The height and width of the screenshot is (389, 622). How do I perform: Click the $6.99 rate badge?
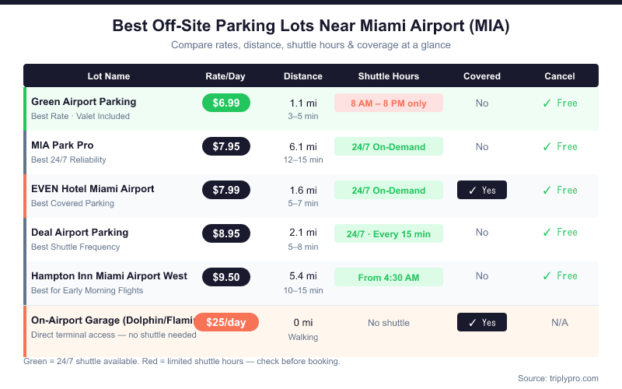(226, 103)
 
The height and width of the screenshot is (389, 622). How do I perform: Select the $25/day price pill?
(226, 322)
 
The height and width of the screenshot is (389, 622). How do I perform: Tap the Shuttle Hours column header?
(388, 76)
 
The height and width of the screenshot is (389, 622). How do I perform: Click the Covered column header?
(482, 76)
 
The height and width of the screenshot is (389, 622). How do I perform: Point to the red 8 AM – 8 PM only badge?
(388, 103)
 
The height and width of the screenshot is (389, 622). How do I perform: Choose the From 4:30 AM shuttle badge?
(388, 277)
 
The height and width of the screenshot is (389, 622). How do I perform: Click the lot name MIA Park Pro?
(62, 145)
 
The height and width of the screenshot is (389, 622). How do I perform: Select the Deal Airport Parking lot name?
(79, 232)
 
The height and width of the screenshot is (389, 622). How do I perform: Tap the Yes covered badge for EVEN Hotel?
(482, 190)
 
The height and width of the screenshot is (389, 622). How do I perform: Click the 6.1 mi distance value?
(303, 146)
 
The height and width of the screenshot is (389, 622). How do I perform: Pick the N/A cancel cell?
(560, 322)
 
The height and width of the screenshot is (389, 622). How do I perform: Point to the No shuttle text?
(388, 322)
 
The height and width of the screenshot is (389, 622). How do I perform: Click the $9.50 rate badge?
(226, 277)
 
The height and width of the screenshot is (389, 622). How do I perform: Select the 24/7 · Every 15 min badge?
(388, 233)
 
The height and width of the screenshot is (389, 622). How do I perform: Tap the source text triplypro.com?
(558, 378)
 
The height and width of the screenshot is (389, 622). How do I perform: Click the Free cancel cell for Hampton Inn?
(560, 275)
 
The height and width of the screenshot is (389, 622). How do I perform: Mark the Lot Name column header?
(108, 76)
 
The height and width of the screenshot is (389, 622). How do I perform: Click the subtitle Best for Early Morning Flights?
(87, 290)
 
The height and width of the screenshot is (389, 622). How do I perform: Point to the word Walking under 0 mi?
(303, 337)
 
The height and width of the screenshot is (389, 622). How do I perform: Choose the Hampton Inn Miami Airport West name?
(109, 275)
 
